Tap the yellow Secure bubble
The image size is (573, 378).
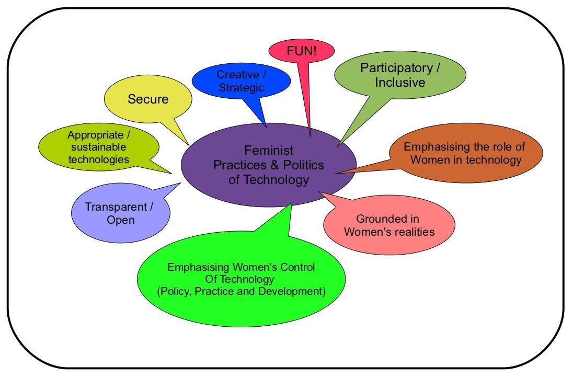point(148,99)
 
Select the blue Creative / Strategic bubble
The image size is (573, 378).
point(240,81)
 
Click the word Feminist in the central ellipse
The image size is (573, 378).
point(269,151)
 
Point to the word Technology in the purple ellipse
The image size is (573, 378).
point(280,180)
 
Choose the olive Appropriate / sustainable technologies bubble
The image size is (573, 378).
point(98,147)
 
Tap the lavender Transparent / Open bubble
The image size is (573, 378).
point(120,213)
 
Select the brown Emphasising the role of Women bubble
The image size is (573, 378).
point(466,153)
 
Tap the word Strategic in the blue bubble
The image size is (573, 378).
point(241,87)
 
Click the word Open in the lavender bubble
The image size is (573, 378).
point(121,220)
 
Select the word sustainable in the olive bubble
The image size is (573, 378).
point(99,147)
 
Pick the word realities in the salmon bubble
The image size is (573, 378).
point(412,232)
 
